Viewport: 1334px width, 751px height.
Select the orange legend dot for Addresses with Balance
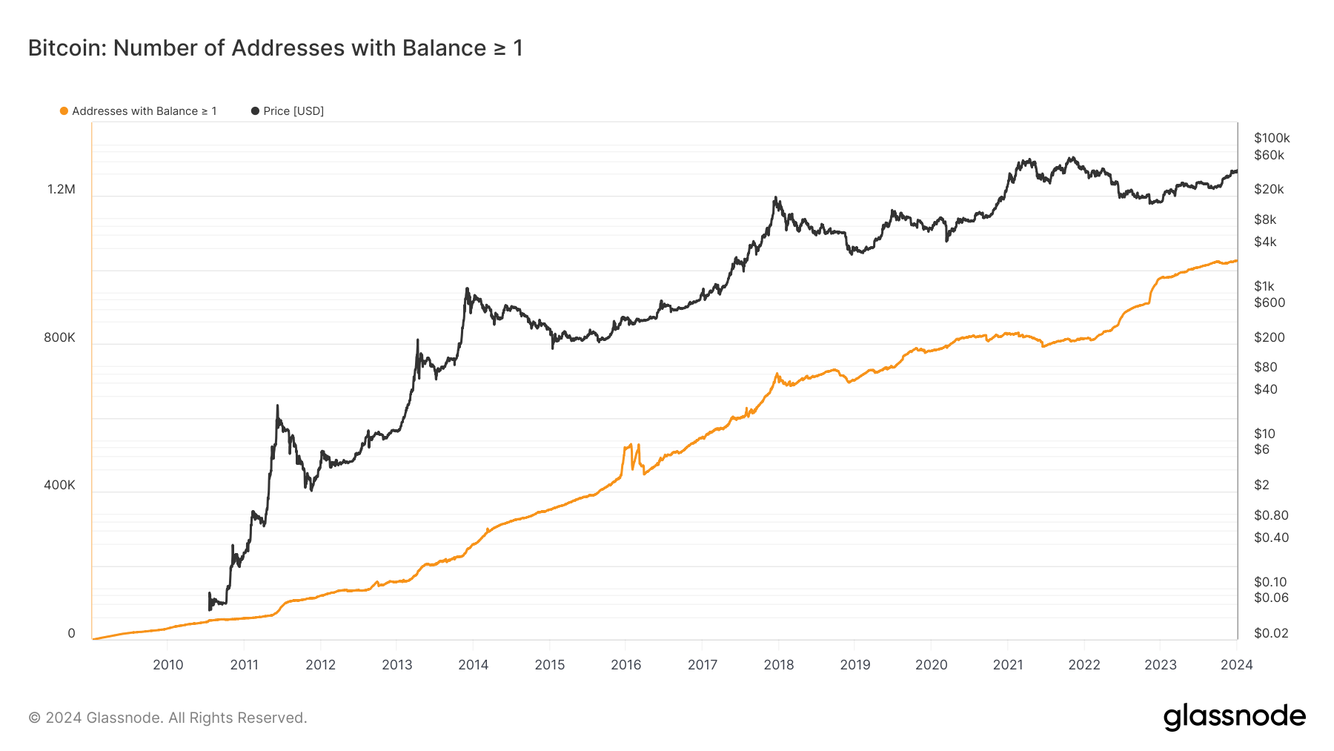tap(64, 111)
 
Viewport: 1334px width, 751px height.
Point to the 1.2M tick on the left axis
tap(62, 189)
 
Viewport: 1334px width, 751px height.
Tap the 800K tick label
tap(59, 337)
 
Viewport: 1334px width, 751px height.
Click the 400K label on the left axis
tap(59, 485)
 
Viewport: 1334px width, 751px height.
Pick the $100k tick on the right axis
tap(1272, 138)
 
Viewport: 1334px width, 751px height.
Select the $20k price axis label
tap(1269, 189)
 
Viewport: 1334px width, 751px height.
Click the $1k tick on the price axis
tap(1264, 286)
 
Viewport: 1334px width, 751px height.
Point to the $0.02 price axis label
tap(1271, 633)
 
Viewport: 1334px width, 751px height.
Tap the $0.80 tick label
tap(1271, 515)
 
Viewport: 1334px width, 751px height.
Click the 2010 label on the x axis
tap(168, 665)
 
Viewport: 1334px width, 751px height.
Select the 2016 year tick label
tap(626, 665)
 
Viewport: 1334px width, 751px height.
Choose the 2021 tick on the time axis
tap(1008, 665)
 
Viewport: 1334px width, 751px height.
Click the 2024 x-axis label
tap(1236, 665)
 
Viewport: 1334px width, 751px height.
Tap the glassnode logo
tap(1234, 717)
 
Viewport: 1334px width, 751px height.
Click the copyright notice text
tap(167, 718)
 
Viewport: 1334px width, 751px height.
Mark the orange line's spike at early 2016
tap(630, 446)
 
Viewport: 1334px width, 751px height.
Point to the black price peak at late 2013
tap(467, 289)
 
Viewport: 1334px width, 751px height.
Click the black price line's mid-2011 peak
tap(277, 406)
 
